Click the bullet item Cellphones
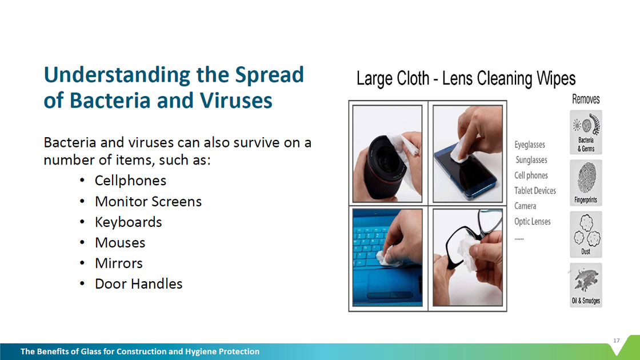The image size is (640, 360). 130,181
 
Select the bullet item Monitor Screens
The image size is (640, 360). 148,201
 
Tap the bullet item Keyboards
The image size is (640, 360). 128,222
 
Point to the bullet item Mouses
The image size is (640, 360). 120,242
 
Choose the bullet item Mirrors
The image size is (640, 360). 119,263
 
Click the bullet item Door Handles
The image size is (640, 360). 138,283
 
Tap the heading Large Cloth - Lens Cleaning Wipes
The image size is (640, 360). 466,79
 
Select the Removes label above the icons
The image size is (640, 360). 586,99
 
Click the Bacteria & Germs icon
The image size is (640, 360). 586,132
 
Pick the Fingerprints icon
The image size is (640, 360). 586,183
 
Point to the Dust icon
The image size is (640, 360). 586,234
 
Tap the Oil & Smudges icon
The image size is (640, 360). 586,285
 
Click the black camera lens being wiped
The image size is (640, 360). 382,168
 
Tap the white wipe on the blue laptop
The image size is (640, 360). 388,257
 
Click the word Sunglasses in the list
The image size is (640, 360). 531,160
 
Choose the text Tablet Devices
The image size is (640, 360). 535,191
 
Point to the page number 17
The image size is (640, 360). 617,341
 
